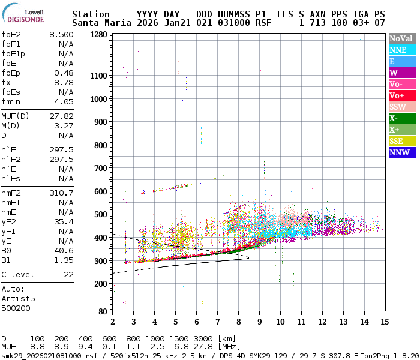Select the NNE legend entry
tap(402, 50)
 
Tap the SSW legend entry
tap(402, 107)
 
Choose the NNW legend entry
tap(402, 152)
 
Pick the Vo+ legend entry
tap(402, 95)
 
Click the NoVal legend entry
tap(402, 38)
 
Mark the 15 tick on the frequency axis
tap(384, 322)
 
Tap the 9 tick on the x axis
tap(259, 322)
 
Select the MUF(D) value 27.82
tap(61, 116)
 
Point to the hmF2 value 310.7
tap(61, 193)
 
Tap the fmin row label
tap(11, 101)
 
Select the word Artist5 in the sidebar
tap(18, 298)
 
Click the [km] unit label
tap(227, 338)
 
